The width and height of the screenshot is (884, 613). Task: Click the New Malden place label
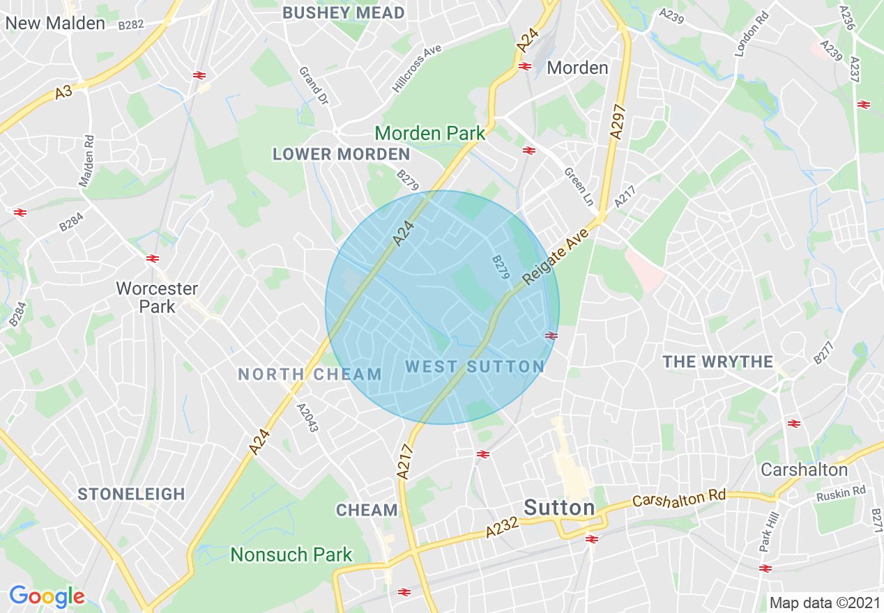[x=54, y=23]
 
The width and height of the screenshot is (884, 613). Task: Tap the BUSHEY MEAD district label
[x=344, y=13]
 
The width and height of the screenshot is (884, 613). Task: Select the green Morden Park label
[x=430, y=133]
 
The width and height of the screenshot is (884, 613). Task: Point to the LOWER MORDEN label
[x=341, y=154]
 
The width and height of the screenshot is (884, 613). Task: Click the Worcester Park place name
[x=157, y=297]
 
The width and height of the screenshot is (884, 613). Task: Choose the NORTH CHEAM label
[x=310, y=374]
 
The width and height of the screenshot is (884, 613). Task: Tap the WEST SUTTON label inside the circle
[x=475, y=366]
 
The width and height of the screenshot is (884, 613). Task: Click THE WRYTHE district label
[x=718, y=362]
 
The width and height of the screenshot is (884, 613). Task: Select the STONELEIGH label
[x=131, y=494]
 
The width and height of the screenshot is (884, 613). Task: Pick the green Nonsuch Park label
[x=291, y=554]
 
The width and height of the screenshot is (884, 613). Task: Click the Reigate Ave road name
[x=555, y=255]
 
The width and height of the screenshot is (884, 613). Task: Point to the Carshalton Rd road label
[x=679, y=498]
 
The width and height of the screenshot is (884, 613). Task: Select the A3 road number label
[x=63, y=91]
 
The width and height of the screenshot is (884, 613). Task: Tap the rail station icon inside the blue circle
[x=551, y=336]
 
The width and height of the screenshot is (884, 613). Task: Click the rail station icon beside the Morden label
[x=525, y=67]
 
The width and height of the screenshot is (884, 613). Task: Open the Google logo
[x=47, y=596]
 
